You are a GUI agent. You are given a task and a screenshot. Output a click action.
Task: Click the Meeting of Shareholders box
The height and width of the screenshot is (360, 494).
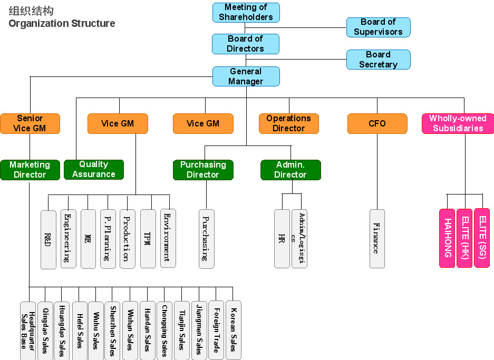246,12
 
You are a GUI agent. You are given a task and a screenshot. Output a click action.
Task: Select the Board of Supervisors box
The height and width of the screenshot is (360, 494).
378,27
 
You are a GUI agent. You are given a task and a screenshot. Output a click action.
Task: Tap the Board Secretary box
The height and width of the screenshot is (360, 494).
378,60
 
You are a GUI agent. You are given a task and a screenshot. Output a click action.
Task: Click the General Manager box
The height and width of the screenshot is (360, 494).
246,76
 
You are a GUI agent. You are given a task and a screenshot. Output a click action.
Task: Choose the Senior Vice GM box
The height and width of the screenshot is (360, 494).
30,123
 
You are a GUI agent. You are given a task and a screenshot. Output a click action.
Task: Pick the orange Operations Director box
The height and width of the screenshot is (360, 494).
288,123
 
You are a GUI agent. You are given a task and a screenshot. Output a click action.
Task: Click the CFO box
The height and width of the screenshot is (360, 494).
377,123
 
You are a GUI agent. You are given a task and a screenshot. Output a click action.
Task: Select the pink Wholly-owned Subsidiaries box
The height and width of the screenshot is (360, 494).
458,123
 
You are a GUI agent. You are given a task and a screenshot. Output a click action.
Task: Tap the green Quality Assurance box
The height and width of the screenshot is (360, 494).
93,170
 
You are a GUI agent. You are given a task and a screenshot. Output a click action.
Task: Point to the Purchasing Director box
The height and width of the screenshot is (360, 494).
203,170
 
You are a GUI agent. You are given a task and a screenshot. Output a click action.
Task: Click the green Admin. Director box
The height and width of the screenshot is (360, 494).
290,170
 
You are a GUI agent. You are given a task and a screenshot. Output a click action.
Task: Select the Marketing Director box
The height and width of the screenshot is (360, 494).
30,170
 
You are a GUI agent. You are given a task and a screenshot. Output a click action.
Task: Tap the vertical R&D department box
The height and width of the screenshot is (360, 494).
48,239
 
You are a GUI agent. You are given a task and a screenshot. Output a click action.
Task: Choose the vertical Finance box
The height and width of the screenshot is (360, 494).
377,239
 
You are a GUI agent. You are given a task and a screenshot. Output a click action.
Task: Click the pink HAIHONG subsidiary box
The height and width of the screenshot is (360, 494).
447,238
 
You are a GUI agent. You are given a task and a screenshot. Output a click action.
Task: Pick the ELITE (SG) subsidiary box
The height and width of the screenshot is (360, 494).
482,238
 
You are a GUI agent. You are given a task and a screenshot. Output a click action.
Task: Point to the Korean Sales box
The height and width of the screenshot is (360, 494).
233,330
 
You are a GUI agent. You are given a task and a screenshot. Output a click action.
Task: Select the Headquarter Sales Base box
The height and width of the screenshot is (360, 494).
28,330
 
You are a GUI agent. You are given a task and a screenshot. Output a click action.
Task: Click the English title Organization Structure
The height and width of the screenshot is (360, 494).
62,24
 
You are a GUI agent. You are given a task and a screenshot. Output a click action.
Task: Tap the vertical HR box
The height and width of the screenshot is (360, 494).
282,239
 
